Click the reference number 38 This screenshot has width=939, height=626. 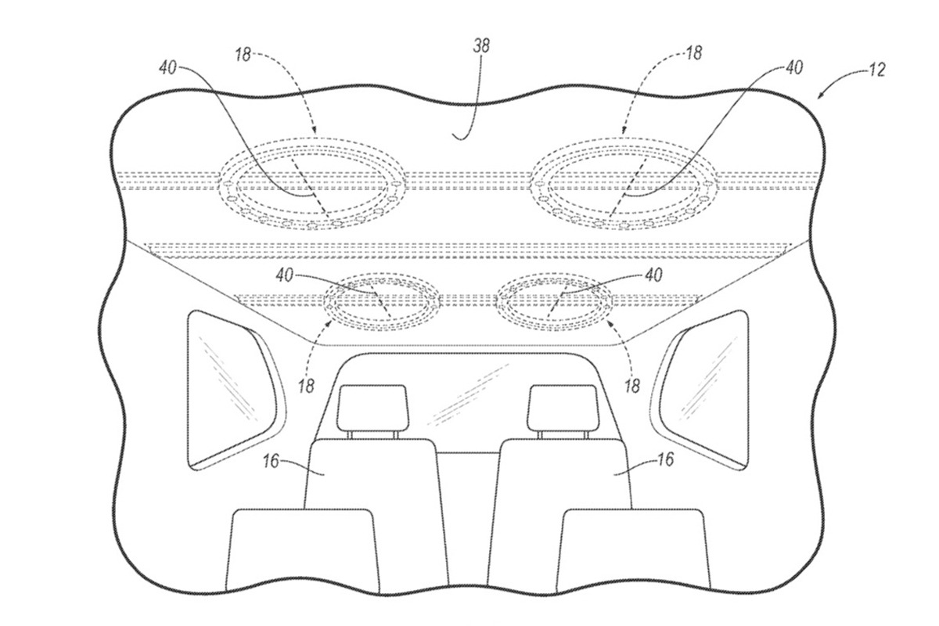click(481, 46)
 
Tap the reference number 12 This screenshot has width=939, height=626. click(876, 70)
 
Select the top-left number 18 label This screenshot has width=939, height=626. click(243, 55)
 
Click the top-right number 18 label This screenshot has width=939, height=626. click(694, 54)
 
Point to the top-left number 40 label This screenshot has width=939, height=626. click(167, 67)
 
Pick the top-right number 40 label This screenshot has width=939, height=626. click(794, 67)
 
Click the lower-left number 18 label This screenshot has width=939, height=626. click(307, 386)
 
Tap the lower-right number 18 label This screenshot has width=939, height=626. click(632, 386)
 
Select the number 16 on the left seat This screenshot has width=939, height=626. click(272, 461)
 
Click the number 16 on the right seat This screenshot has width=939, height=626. click(665, 459)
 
